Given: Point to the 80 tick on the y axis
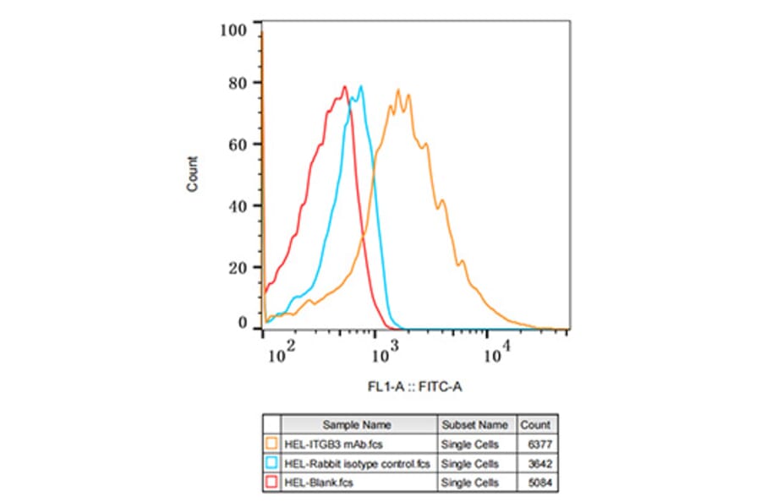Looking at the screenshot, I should click(x=238, y=83).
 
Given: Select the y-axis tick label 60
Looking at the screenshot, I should click(x=238, y=144).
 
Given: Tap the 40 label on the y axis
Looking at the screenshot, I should click(x=238, y=205).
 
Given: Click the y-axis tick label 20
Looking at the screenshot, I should click(x=238, y=267).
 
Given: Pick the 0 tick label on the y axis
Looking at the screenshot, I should click(x=242, y=323).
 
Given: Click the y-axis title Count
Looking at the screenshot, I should click(x=194, y=174).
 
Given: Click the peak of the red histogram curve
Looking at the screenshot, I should click(x=345, y=86).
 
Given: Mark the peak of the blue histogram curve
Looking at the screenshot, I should click(x=361, y=86).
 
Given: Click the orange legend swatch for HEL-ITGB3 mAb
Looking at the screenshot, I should click(x=271, y=444).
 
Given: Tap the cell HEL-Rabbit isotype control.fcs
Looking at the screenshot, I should click(x=358, y=463).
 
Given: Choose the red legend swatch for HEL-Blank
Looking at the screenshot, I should click(x=271, y=483).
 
